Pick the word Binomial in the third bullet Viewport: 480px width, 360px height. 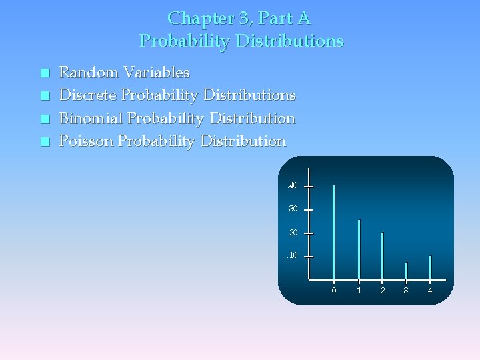(x=91, y=119)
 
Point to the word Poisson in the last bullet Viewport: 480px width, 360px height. (x=87, y=141)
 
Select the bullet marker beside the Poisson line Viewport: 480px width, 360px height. (x=44, y=142)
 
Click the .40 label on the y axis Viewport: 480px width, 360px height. (x=292, y=185)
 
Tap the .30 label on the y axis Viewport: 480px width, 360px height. (x=292, y=209)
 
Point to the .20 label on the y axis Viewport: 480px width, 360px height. (x=292, y=233)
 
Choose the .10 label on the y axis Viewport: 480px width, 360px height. (x=292, y=256)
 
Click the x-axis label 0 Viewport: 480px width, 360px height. (x=334, y=291)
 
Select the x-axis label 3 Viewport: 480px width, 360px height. (x=406, y=291)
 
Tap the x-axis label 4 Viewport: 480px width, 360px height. (x=430, y=291)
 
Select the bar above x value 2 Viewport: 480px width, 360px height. (x=383, y=256)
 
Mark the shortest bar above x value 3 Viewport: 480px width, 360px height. (x=406, y=271)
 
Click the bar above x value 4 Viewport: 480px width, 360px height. (x=430, y=267)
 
